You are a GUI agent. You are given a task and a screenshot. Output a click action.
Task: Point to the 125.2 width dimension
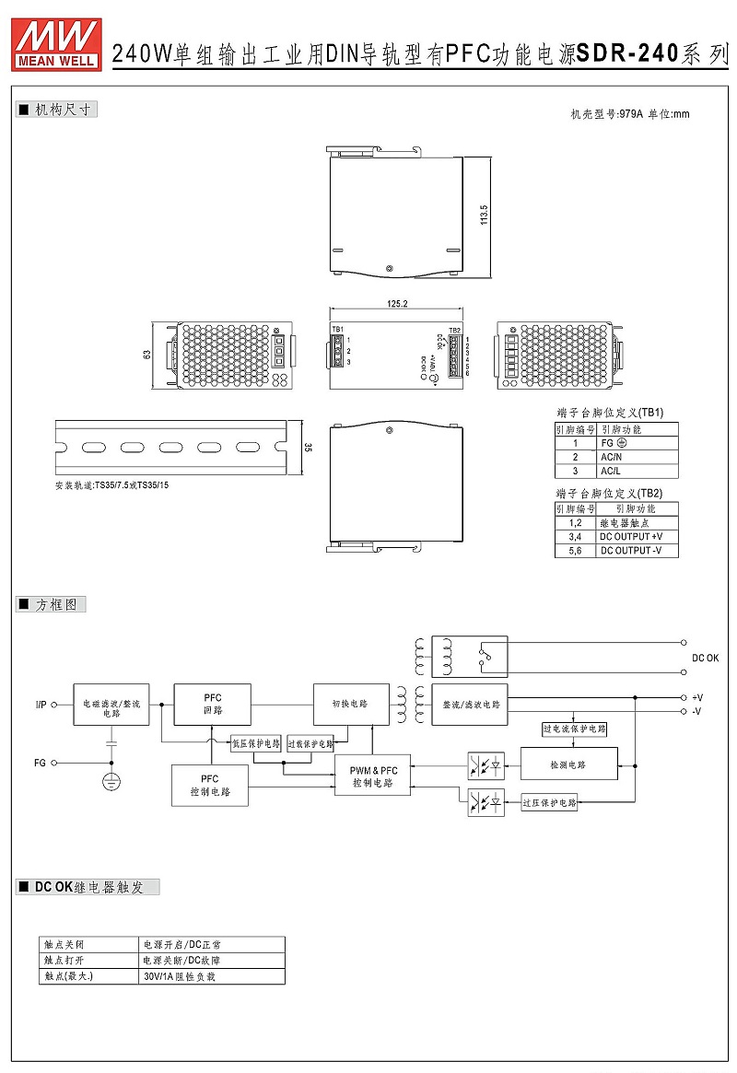(398, 303)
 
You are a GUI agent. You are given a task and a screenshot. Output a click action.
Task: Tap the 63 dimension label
(146, 355)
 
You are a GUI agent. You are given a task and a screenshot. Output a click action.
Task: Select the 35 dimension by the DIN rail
(308, 448)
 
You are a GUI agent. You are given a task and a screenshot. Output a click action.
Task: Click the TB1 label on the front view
(337, 329)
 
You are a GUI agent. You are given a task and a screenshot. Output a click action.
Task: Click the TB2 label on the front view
(454, 330)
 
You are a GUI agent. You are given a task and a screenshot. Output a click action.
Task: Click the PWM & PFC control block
(372, 776)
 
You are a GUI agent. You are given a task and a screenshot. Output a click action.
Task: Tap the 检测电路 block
(567, 764)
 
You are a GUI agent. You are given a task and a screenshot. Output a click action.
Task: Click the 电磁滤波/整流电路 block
(111, 707)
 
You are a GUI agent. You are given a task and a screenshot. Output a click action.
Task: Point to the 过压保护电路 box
(549, 803)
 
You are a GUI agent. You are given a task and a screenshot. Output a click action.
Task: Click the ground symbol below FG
(111, 781)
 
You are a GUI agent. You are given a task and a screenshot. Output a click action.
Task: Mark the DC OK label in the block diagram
(706, 658)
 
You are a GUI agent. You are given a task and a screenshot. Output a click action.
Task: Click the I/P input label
(41, 705)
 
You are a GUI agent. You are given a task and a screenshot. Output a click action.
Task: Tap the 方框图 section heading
(60, 605)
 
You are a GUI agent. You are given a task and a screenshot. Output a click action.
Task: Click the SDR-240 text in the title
(626, 54)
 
